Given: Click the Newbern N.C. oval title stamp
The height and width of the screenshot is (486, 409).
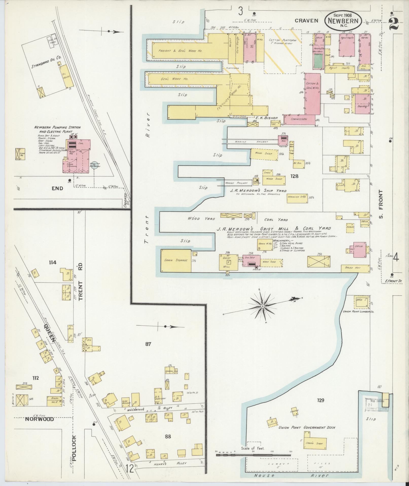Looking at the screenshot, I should (343, 21).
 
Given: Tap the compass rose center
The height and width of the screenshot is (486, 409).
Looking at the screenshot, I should (262, 307).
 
